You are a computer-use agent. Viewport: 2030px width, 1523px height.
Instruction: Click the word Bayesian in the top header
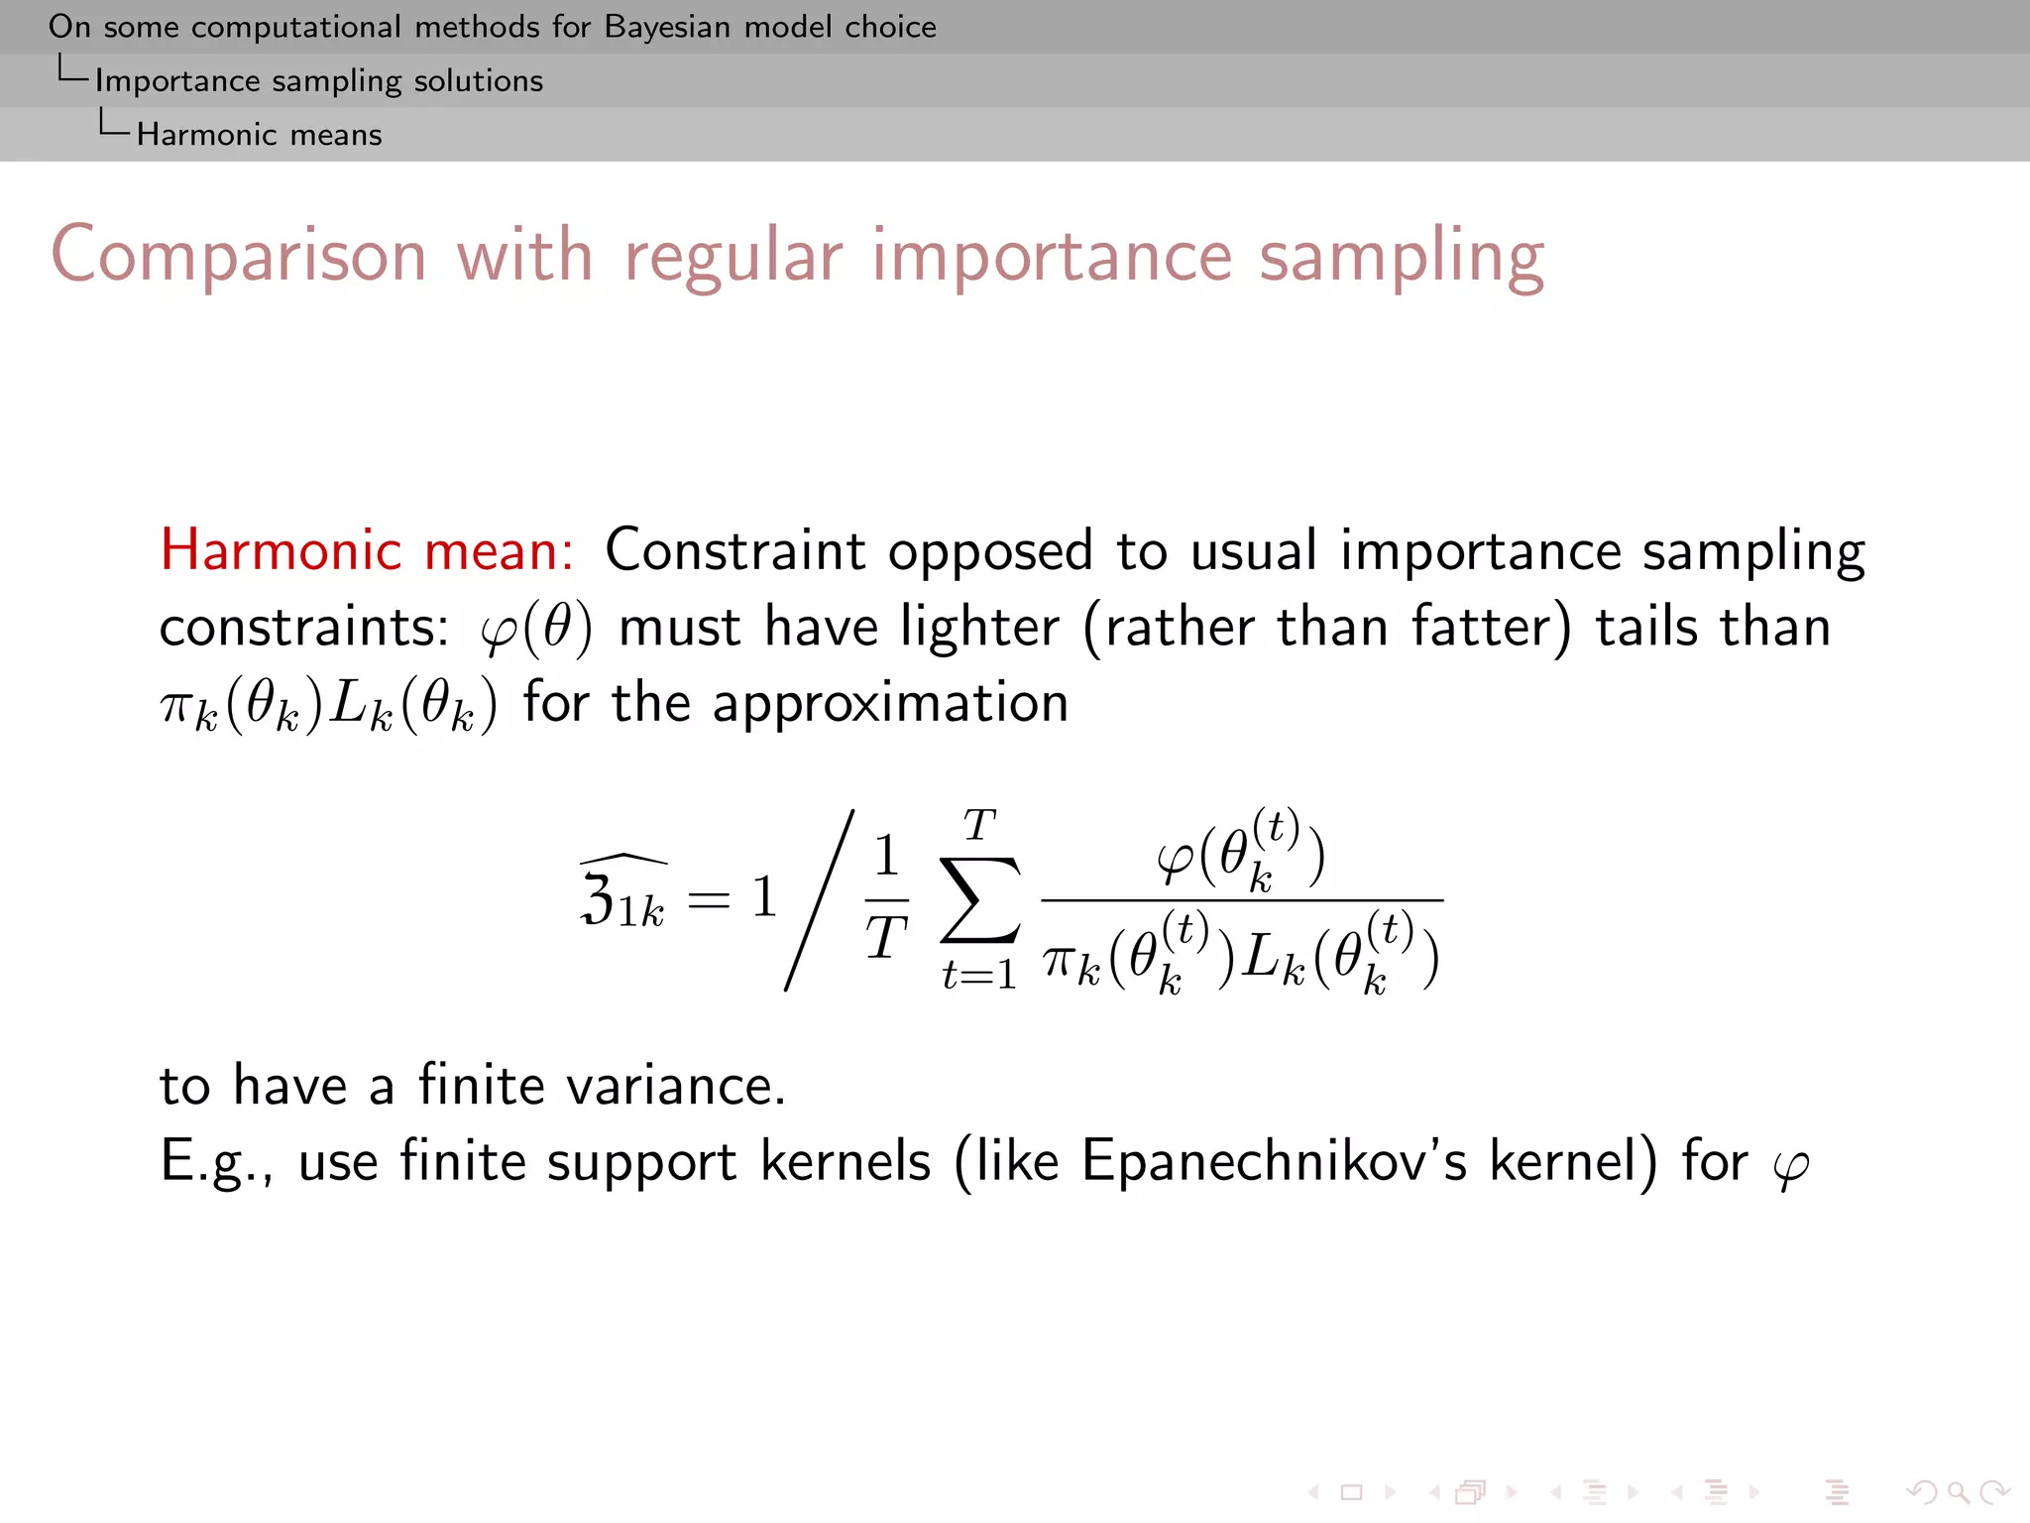669,27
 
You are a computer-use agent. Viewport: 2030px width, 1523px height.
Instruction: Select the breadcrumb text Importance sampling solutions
319,80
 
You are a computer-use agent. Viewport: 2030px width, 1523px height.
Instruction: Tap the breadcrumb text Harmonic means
259,134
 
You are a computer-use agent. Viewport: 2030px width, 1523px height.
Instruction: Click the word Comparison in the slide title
239,256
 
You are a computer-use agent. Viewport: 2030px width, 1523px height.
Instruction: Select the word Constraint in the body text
734,550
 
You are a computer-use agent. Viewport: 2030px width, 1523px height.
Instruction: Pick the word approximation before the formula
890,703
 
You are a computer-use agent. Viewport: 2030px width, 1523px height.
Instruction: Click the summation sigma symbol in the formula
979,899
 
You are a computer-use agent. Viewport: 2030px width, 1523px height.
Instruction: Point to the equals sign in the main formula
709,899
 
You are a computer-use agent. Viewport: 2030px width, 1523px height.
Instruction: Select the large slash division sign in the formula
820,899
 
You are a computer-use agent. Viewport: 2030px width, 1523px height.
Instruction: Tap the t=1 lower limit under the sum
979,975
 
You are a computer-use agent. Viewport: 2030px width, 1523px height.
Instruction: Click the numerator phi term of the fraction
1240,854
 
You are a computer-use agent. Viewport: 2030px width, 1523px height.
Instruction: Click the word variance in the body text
676,1085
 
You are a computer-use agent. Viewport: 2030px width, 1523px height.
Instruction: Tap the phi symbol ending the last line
1790,1166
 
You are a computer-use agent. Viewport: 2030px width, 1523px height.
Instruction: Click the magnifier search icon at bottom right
1957,1491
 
